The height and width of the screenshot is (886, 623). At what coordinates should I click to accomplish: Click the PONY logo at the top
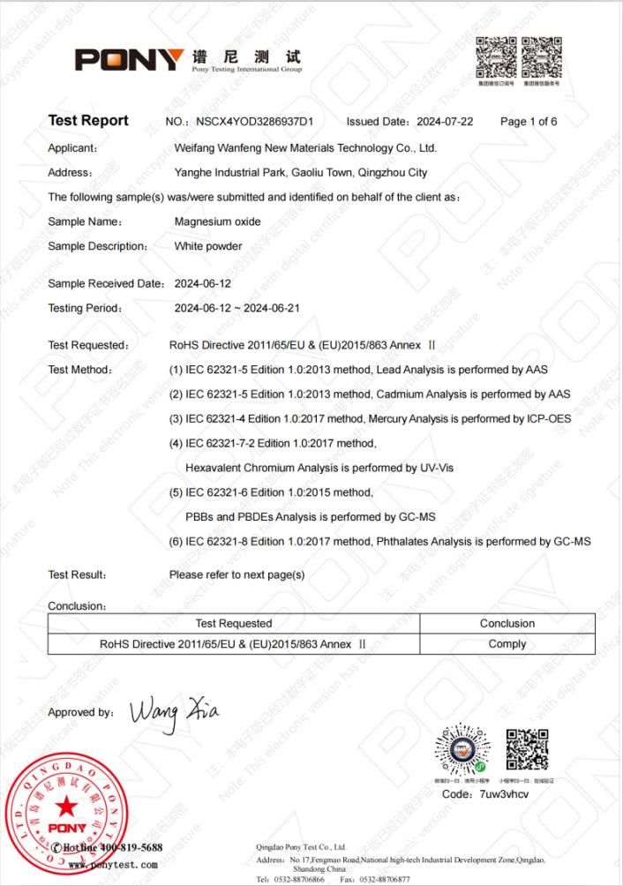pyautogui.click(x=130, y=60)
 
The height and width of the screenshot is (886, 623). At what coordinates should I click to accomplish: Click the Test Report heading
pyautogui.click(x=88, y=121)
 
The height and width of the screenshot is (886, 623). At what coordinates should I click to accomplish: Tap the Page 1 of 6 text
pyautogui.click(x=529, y=122)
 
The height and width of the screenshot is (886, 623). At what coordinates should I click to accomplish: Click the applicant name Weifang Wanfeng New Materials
pyautogui.click(x=305, y=147)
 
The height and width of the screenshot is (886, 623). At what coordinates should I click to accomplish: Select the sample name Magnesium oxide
pyautogui.click(x=217, y=221)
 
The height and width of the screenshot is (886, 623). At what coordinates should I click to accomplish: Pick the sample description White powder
pyautogui.click(x=208, y=246)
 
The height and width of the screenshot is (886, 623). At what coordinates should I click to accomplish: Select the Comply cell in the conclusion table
pyautogui.click(x=507, y=644)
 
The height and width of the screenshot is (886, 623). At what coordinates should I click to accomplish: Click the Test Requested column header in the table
pyautogui.click(x=233, y=624)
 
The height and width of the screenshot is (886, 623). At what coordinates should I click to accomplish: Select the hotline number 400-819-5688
pyautogui.click(x=128, y=848)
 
